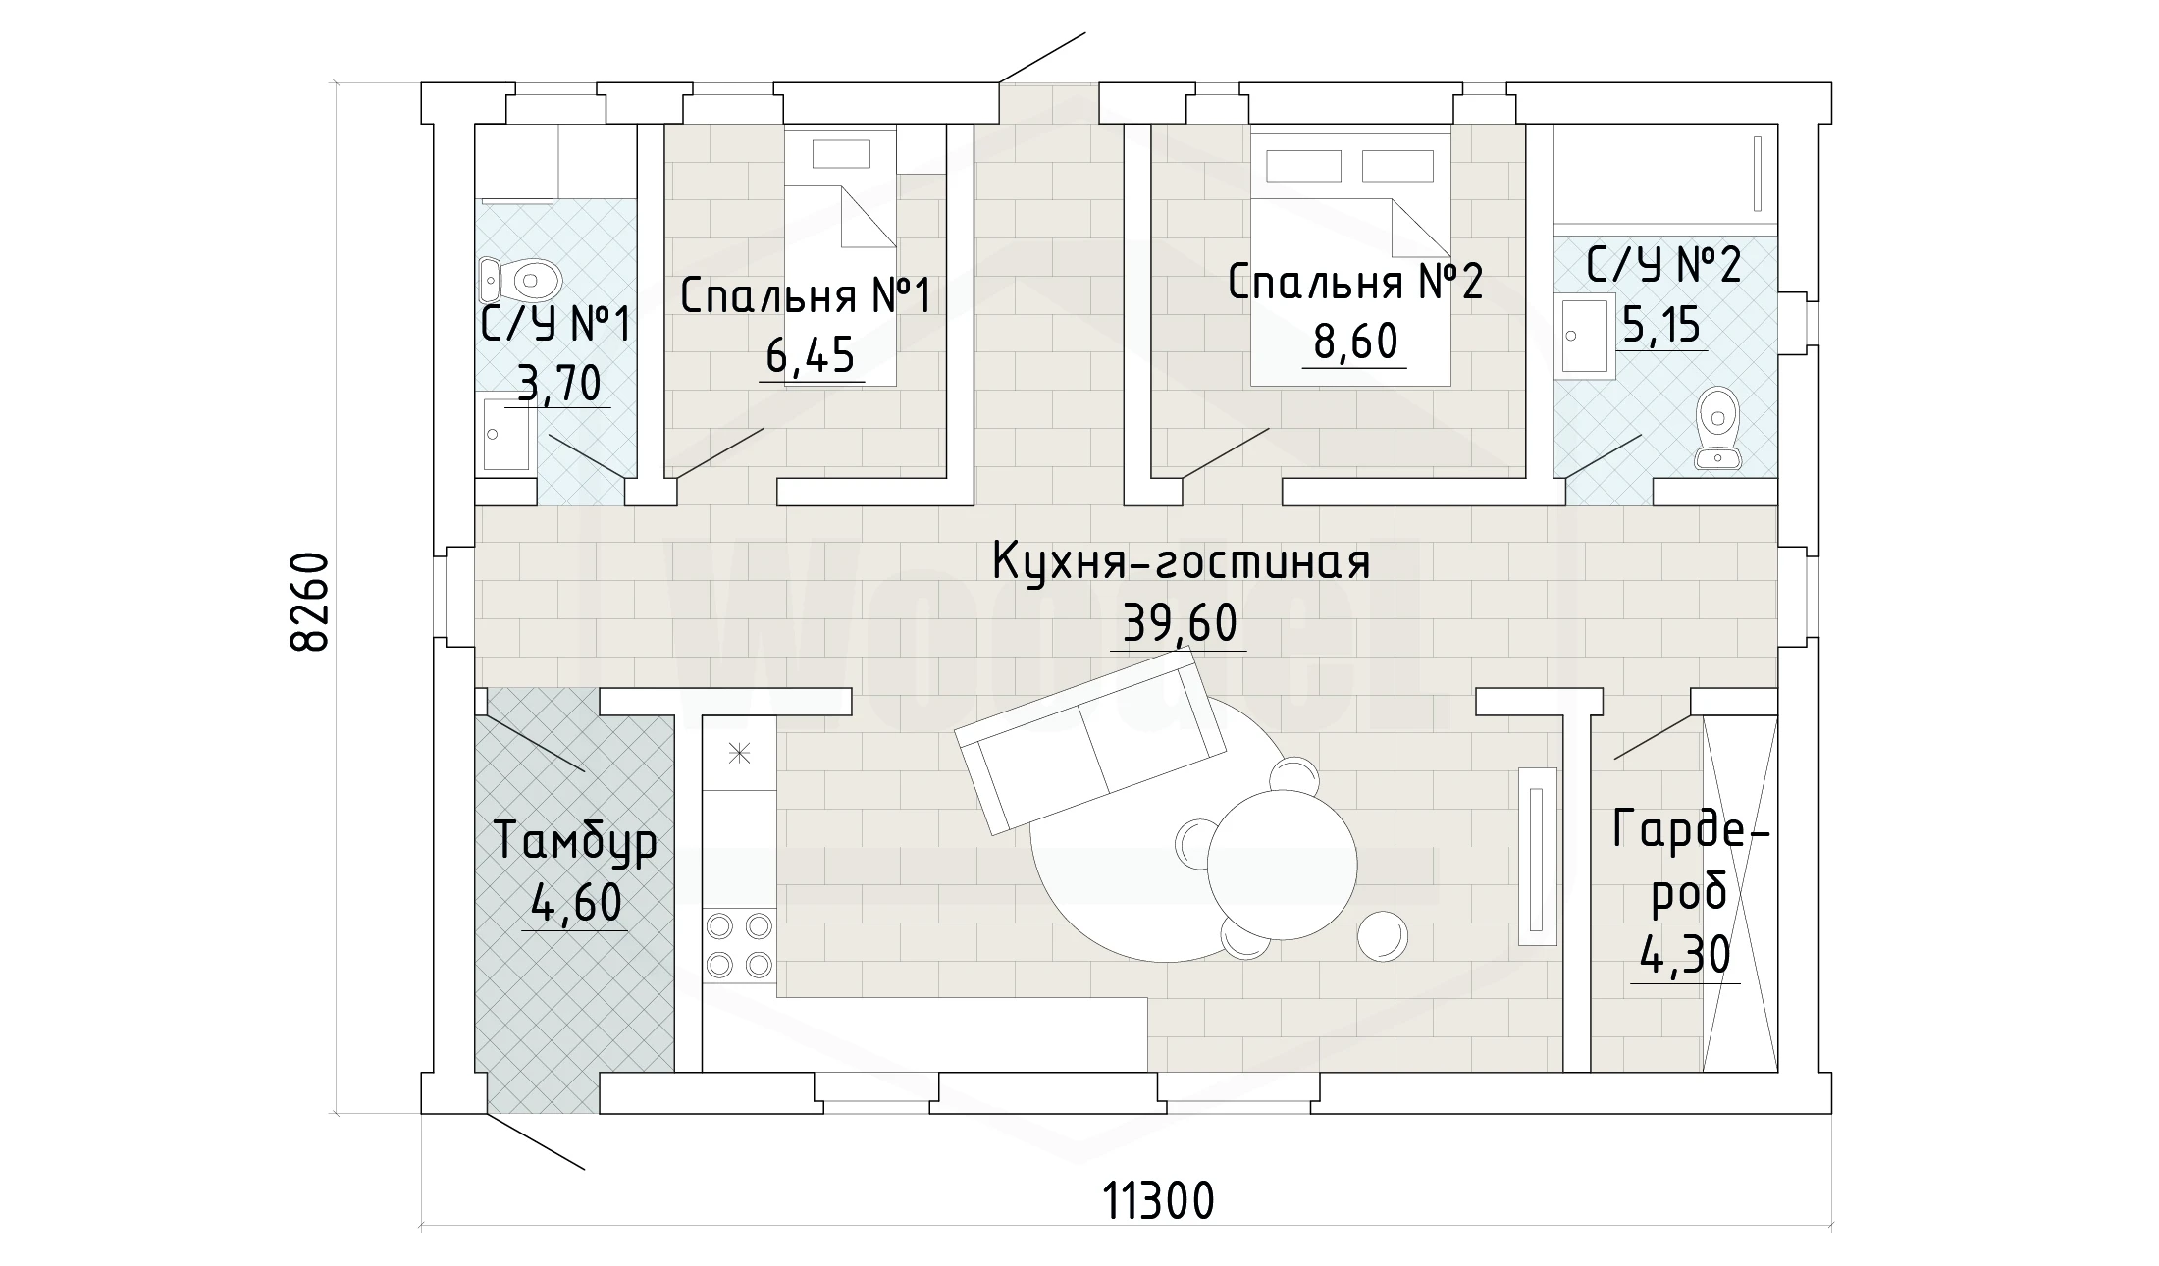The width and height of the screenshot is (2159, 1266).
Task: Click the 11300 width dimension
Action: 1159,1200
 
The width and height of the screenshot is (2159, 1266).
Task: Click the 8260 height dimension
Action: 310,603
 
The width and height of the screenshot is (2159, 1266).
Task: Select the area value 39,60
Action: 1180,623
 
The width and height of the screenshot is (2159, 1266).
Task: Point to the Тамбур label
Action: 575,843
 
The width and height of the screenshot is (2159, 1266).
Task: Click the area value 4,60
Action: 576,904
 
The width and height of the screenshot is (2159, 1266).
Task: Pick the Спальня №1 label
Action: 805,295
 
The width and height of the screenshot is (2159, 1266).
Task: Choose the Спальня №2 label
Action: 1355,283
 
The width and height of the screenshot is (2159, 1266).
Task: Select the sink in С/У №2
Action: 1584,338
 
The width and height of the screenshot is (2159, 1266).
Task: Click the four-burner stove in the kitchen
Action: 739,944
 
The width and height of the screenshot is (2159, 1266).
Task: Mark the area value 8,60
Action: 1355,343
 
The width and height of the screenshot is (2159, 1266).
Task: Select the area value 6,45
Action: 811,355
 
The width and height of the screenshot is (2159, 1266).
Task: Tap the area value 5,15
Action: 1660,324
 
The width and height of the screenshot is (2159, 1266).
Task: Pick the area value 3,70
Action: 558,384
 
